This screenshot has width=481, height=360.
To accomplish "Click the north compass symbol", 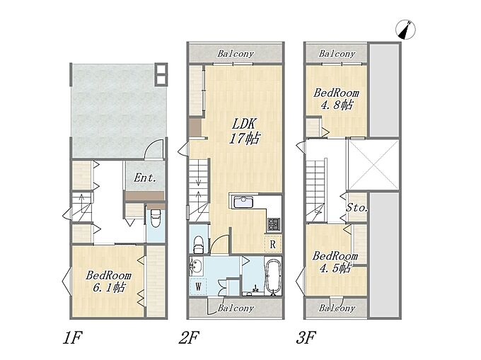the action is (x=405, y=30).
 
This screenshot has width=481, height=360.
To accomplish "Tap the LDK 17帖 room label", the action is (x=244, y=132).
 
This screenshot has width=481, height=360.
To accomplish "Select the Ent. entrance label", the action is (x=145, y=178).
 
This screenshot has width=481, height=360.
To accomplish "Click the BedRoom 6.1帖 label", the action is (x=109, y=281).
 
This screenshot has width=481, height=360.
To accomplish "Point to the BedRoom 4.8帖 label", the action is (x=336, y=99).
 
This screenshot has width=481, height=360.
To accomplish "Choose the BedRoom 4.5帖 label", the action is (x=335, y=262).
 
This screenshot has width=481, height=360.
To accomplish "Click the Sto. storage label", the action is (x=357, y=208).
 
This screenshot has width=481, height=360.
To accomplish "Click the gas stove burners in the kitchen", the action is (x=273, y=223).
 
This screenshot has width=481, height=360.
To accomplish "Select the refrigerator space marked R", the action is (x=273, y=245).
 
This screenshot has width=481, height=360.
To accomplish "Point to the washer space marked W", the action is (x=199, y=286).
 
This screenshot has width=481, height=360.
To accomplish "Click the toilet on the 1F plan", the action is (x=156, y=219).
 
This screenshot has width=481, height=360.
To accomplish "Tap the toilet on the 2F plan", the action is (x=198, y=244).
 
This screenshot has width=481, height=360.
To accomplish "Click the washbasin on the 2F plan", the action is (x=196, y=267).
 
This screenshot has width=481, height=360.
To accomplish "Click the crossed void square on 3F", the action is (x=373, y=164).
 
